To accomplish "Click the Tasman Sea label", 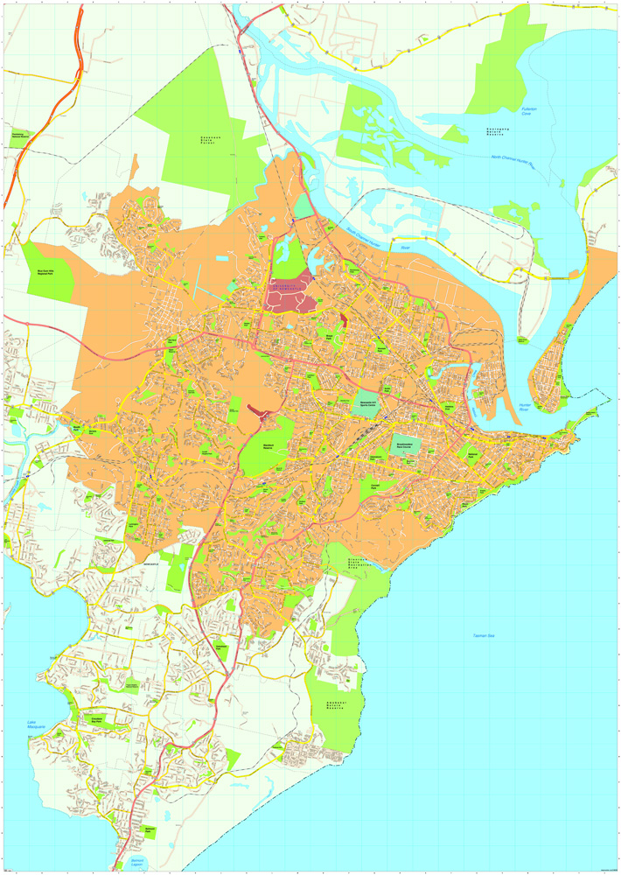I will (484, 635).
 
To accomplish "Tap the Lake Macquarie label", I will (36, 724).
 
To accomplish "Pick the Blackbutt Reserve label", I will (271, 445).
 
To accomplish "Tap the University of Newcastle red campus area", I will (290, 298).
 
